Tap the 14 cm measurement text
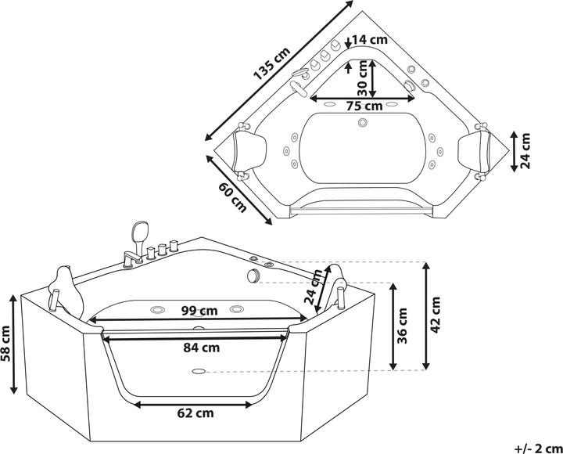[x=369, y=39]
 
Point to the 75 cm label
[x=364, y=106]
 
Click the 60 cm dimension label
[x=232, y=196]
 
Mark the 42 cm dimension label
[x=436, y=313]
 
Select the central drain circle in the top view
[x=363, y=122]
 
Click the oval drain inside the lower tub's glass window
[x=199, y=373]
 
